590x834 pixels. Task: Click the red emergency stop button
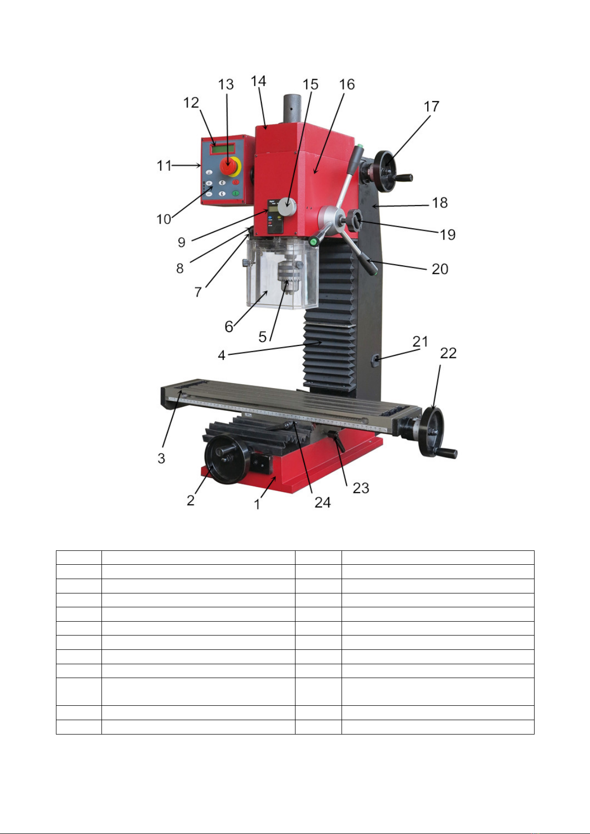228,165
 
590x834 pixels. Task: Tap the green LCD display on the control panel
223,149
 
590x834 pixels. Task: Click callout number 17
432,106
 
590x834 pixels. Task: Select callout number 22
448,353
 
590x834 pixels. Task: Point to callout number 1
257,504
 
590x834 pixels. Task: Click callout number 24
323,503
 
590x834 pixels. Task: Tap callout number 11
164,166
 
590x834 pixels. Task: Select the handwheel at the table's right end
433,432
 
